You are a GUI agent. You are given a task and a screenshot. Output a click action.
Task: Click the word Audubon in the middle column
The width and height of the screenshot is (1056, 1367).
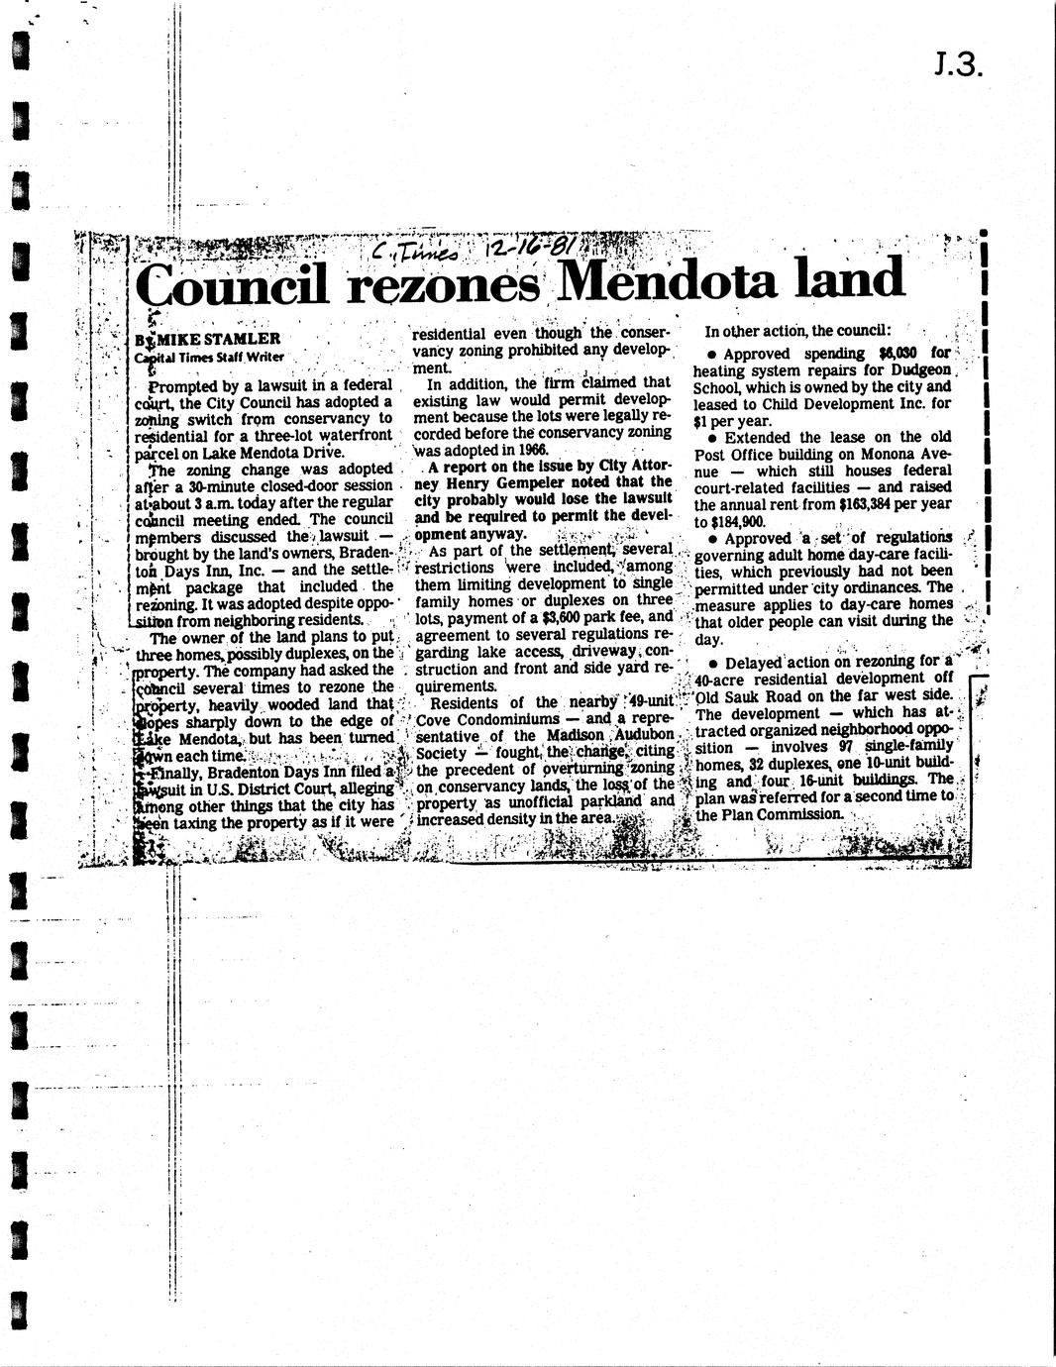pos(639,734)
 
